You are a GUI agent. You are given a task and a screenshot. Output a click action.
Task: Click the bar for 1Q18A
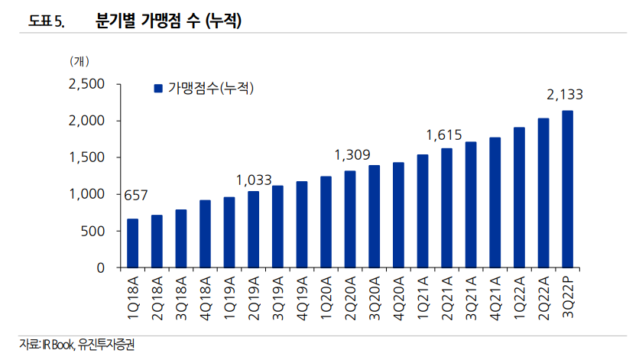pyautogui.click(x=132, y=243)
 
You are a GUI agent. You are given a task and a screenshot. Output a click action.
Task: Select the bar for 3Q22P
pyautogui.click(x=567, y=189)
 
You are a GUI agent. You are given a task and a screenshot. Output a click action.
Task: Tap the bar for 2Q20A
pyautogui.click(x=350, y=219)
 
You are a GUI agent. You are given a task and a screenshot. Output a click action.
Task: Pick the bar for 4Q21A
pyautogui.click(x=495, y=203)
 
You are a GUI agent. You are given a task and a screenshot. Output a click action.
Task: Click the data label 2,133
pyautogui.click(x=565, y=95)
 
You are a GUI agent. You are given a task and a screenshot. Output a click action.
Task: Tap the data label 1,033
pyautogui.click(x=254, y=180)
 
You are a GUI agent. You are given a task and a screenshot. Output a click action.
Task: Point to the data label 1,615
pyautogui.click(x=445, y=135)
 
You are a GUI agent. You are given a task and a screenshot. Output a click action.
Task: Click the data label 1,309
pyautogui.click(x=350, y=155)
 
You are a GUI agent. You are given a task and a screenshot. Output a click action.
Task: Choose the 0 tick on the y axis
pyautogui.click(x=100, y=268)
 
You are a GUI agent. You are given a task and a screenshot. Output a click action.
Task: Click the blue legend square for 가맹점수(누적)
pyautogui.click(x=158, y=88)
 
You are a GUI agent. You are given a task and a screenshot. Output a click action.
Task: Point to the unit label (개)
pyautogui.click(x=79, y=60)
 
